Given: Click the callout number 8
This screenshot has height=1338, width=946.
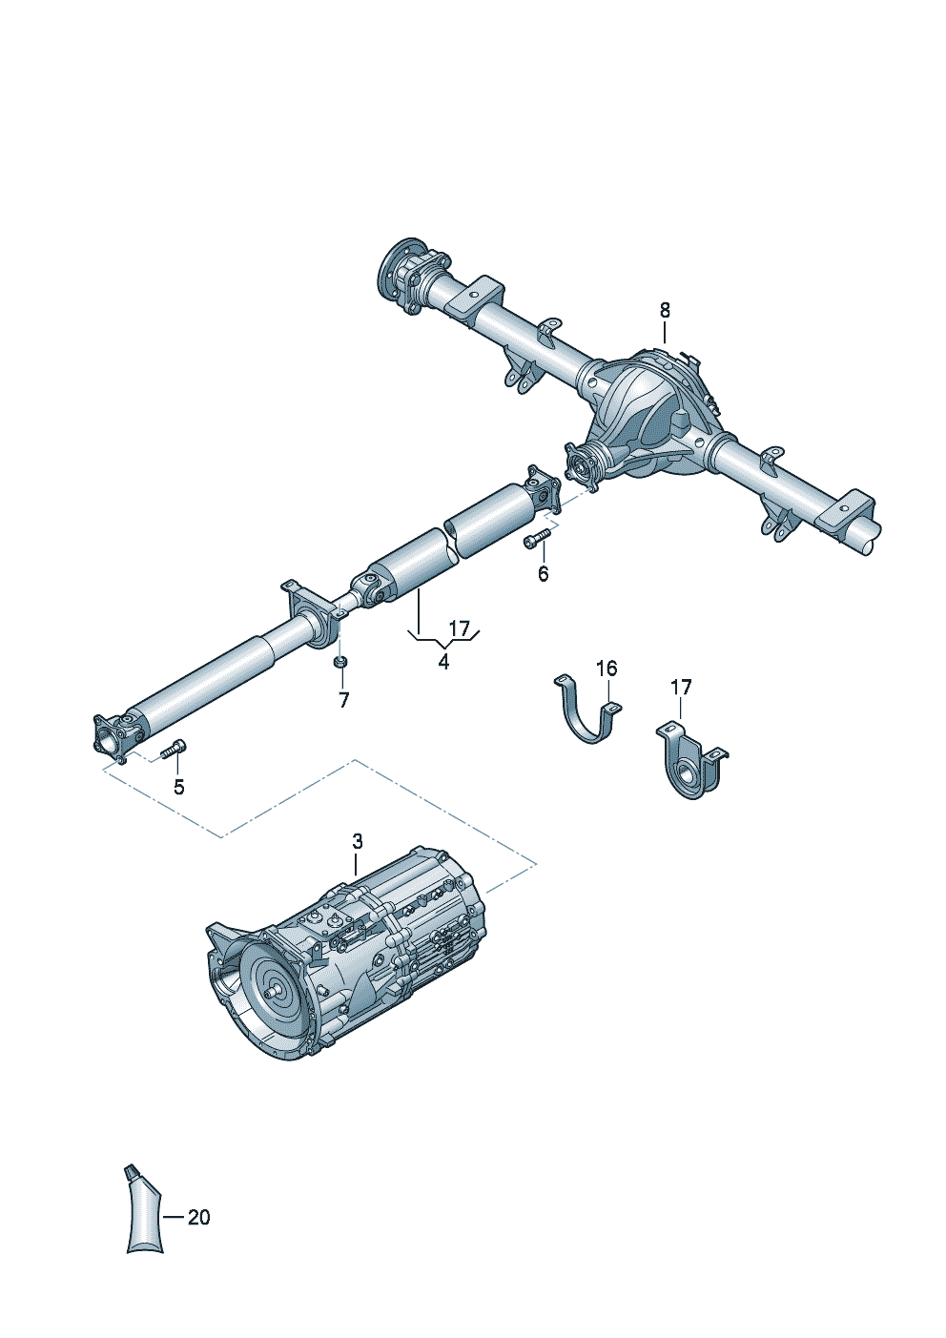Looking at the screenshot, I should (x=665, y=310).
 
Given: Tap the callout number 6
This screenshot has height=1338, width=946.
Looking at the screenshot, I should (x=543, y=574).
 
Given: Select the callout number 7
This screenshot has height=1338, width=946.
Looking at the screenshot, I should (x=343, y=700).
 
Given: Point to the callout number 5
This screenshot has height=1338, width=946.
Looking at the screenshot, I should (x=178, y=787).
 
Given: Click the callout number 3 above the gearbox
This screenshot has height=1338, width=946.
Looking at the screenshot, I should (x=357, y=841).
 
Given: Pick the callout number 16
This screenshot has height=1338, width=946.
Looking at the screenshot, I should (x=607, y=669).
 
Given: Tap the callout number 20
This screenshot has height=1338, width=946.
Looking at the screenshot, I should (x=198, y=1218).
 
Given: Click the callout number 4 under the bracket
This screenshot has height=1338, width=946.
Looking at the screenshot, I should (x=443, y=661).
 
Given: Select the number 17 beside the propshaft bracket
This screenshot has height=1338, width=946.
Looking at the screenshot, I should (x=460, y=628).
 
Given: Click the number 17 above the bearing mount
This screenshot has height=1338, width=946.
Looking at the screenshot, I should (x=680, y=688).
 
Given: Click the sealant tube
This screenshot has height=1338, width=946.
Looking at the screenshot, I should (x=142, y=1213).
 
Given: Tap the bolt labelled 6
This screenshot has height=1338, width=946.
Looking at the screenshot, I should (x=537, y=539).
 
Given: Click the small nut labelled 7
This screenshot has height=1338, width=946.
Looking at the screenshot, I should (x=340, y=663).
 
